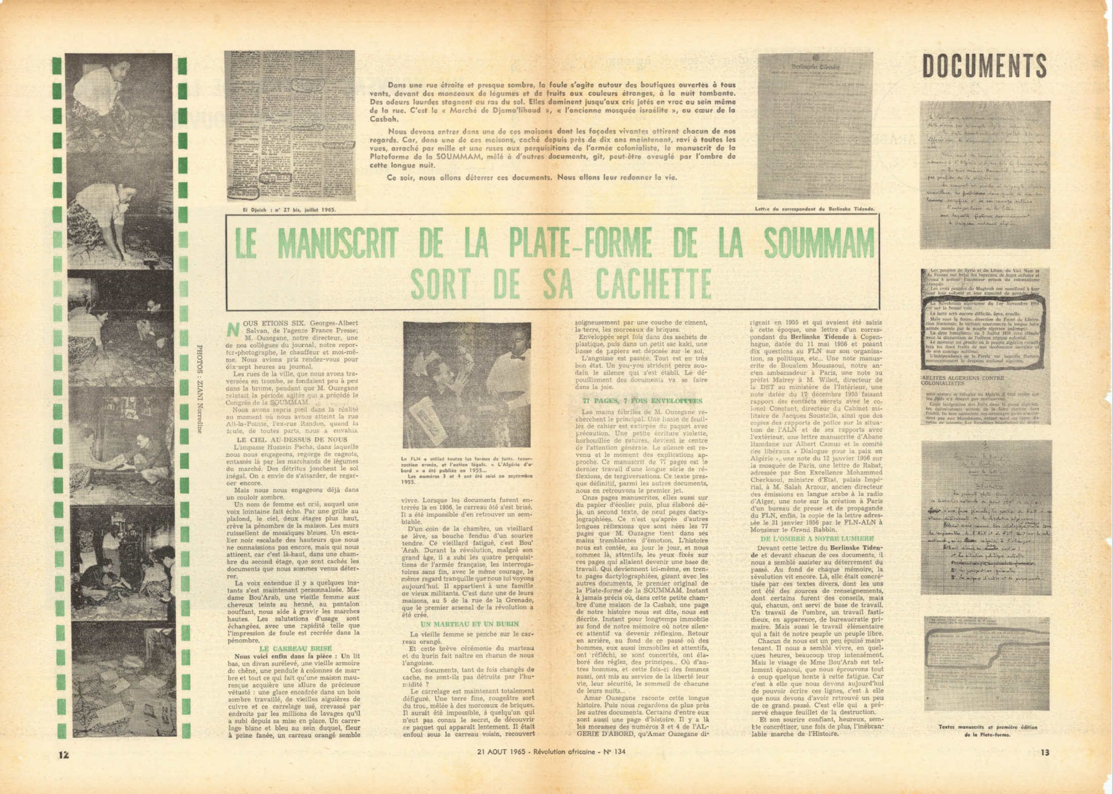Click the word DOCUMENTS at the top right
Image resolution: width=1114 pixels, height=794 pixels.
(x=984, y=66)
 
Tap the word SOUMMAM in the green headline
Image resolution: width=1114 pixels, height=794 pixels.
(x=819, y=244)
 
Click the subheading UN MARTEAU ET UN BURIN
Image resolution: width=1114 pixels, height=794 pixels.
(x=470, y=624)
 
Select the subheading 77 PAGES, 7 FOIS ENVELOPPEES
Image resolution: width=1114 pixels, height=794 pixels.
(x=642, y=401)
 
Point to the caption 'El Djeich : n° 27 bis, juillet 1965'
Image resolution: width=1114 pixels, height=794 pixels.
(x=289, y=209)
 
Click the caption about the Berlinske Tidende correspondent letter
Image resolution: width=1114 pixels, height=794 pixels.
(x=815, y=209)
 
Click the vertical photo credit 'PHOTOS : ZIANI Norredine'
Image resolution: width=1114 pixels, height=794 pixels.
(x=199, y=388)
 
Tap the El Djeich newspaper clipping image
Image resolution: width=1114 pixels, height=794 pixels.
(x=290, y=126)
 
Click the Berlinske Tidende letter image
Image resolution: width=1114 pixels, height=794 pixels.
(x=815, y=126)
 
